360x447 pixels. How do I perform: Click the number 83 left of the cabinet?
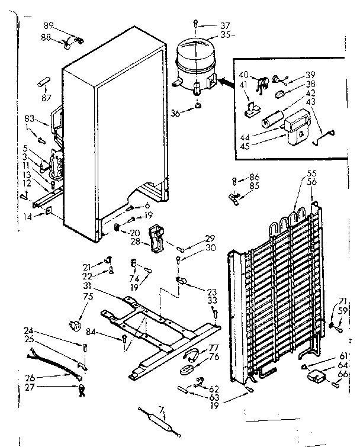click(30, 119)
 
